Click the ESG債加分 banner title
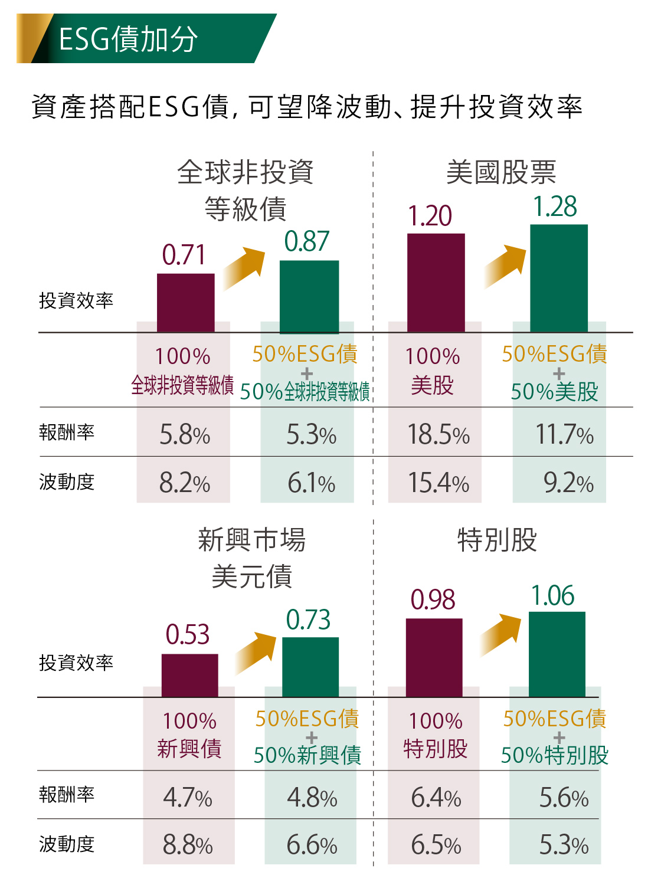(x=128, y=39)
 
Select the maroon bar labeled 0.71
(x=185, y=302)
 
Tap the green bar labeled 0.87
(x=309, y=296)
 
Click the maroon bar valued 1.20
(x=436, y=283)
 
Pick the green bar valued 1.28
(x=558, y=278)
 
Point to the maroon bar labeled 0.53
(x=189, y=675)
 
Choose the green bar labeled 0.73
(x=310, y=667)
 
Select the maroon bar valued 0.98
(x=434, y=657)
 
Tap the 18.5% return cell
(x=438, y=435)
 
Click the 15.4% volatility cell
(x=438, y=483)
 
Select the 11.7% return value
(x=564, y=435)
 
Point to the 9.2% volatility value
(x=568, y=483)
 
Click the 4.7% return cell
(x=188, y=798)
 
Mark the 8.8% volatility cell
(x=188, y=845)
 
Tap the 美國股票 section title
(x=500, y=172)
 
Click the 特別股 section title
(x=497, y=540)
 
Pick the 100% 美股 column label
(x=433, y=371)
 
